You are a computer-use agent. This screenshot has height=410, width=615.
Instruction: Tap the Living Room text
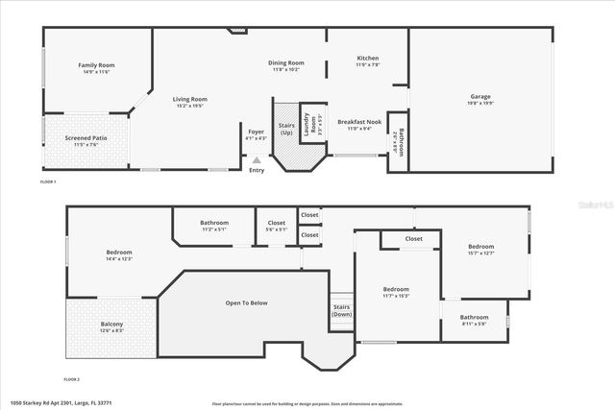coord(189,99)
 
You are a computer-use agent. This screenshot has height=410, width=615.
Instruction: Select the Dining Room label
coord(285,62)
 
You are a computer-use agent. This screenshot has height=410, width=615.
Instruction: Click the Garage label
coord(480,96)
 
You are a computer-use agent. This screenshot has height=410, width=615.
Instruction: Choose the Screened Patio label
coord(86,138)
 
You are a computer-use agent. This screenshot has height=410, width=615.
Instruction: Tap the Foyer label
coord(256,132)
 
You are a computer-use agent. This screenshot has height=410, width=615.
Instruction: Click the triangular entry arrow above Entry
coord(256,160)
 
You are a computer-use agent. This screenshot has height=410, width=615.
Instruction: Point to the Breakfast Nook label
coord(360,121)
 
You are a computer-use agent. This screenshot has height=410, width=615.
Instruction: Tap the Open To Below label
coord(246,302)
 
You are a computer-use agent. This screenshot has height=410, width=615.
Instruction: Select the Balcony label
coord(111,324)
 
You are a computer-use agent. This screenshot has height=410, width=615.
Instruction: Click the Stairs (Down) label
coord(341,311)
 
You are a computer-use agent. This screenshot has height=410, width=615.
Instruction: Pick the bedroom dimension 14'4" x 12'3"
coord(118,259)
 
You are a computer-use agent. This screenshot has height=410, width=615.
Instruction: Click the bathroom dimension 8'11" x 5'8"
coord(474,324)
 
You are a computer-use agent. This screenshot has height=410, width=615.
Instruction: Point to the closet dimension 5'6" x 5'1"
coord(276,229)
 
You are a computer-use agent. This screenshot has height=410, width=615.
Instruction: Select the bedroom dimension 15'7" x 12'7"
coord(480,253)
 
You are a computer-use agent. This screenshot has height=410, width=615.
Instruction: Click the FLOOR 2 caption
coord(73,380)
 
